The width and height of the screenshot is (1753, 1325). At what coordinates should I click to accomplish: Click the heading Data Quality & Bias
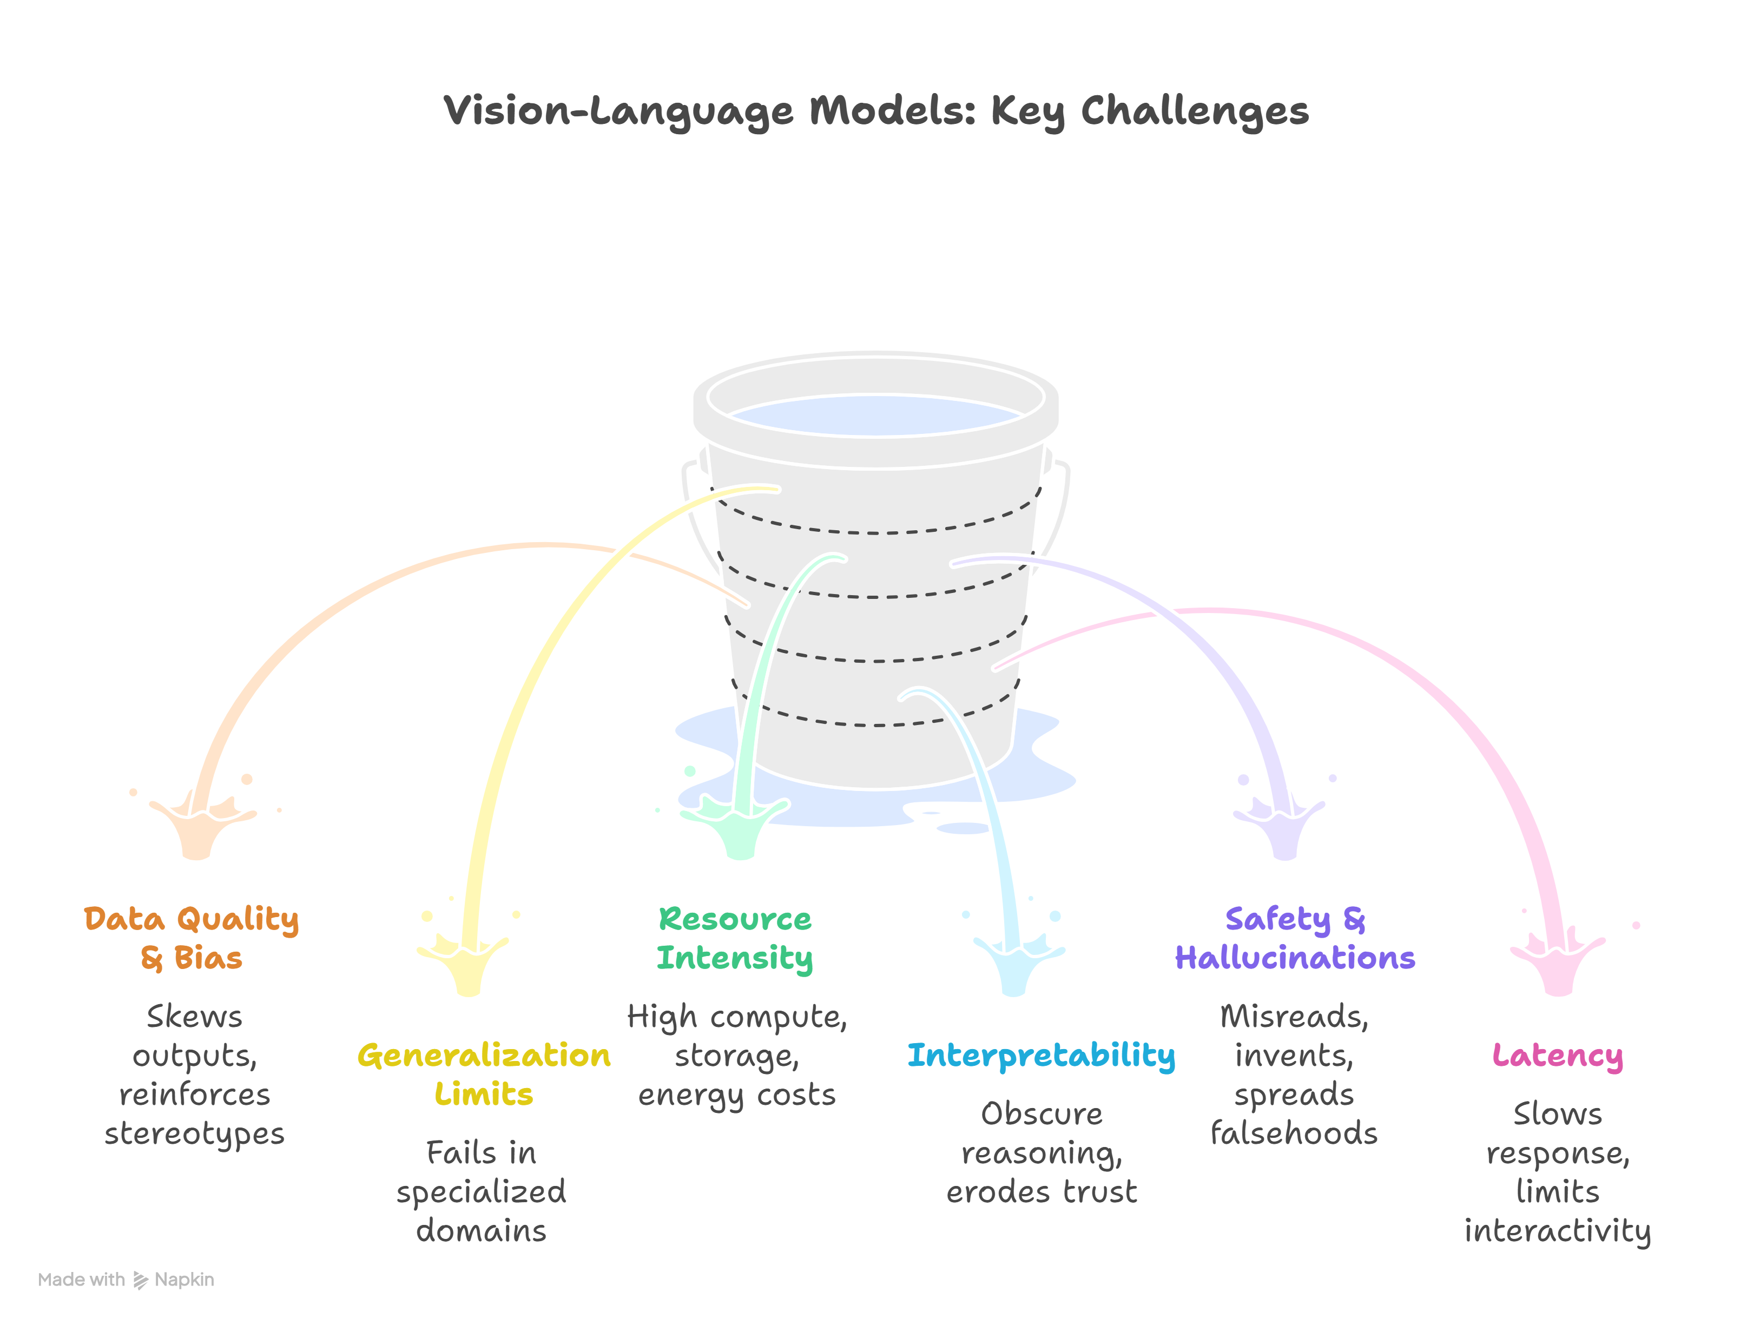coord(192,938)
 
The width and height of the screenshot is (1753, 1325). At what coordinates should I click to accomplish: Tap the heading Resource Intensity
coord(735,938)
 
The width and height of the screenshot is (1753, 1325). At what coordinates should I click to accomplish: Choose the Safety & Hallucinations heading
coord(1294,938)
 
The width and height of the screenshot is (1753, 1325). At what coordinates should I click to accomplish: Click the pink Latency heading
coord(1557,1056)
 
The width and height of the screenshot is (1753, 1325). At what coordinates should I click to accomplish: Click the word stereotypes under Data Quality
coord(194,1133)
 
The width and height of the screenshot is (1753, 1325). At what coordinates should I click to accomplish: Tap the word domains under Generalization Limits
coord(481,1231)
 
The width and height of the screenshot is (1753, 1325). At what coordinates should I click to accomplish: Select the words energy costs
coord(737,1095)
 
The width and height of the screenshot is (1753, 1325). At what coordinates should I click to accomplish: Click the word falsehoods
coord(1294,1133)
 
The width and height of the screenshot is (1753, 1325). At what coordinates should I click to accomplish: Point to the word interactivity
coord(1557,1231)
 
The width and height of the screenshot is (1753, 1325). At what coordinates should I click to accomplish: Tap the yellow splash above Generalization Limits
coord(467,963)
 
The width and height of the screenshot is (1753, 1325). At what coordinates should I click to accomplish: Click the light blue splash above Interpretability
coord(1014,963)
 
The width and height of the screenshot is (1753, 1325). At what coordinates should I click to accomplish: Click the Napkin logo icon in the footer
coord(140,1280)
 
